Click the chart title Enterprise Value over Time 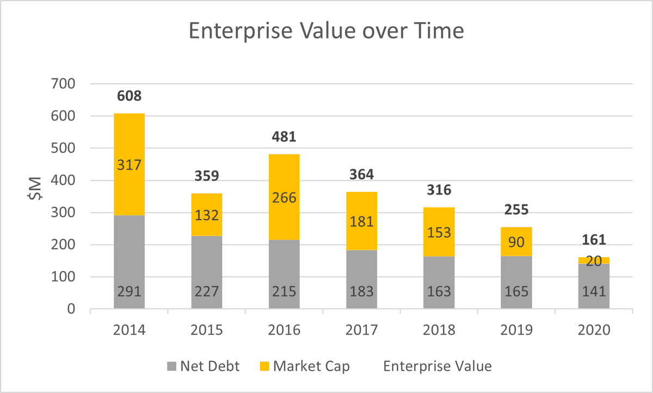tap(326, 31)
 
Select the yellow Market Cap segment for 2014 tap(129, 164)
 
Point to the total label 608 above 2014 tap(129, 96)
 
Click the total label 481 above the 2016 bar tap(284, 137)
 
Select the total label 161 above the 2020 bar tap(594, 240)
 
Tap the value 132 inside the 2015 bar tap(207, 215)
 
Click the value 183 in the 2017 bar tap(361, 291)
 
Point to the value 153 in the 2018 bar tap(439, 232)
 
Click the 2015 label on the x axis tap(207, 330)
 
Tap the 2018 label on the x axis tap(439, 330)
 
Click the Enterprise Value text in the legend tap(438, 366)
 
